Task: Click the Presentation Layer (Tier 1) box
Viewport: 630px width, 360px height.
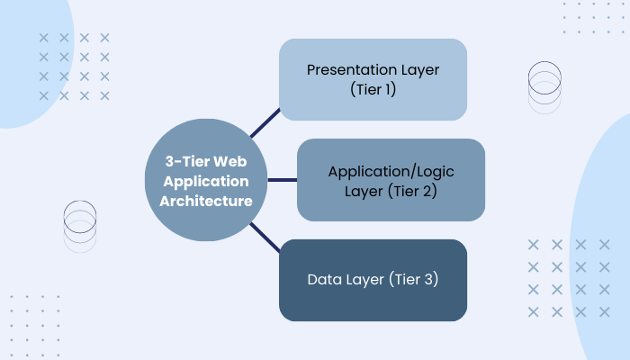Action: click(x=373, y=79)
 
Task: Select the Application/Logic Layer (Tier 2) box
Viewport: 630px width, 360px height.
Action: click(x=391, y=180)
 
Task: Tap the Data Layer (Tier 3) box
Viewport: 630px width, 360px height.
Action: click(x=373, y=280)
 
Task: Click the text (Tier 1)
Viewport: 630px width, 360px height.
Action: click(x=373, y=90)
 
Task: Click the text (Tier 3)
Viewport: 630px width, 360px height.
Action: click(x=414, y=280)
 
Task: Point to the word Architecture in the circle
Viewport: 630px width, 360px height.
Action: click(x=206, y=201)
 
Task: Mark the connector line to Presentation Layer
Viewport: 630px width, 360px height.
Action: click(x=265, y=123)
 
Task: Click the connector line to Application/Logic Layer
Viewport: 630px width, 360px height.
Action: click(x=283, y=180)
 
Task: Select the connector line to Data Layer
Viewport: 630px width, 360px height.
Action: click(x=265, y=238)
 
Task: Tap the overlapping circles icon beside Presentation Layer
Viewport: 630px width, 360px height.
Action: click(x=544, y=86)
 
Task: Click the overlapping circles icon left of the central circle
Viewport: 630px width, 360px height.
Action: click(x=79, y=225)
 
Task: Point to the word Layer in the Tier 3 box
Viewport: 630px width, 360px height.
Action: click(x=364, y=280)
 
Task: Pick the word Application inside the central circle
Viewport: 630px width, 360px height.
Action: click(x=206, y=180)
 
